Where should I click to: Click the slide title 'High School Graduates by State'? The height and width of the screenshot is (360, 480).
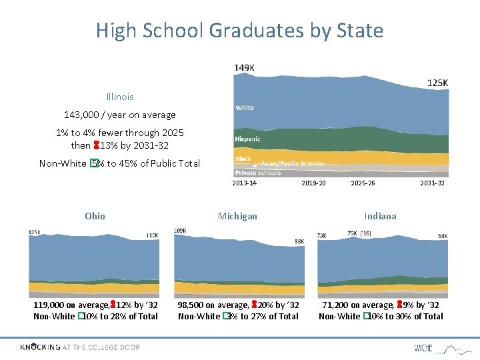[239, 31]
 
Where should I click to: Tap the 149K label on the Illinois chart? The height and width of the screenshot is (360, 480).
[244, 67]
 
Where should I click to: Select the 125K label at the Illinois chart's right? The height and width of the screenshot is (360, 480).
[437, 83]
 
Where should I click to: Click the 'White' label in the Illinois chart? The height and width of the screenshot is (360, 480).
[245, 107]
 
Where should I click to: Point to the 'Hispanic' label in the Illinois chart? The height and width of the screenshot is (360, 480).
[248, 139]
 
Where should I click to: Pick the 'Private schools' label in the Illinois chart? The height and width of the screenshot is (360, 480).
[258, 173]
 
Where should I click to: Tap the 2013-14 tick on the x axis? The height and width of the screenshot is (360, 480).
[245, 183]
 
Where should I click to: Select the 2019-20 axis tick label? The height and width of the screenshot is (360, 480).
[313, 183]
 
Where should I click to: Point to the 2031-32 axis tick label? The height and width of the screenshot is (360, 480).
[433, 183]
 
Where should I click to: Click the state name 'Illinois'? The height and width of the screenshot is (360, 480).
[120, 97]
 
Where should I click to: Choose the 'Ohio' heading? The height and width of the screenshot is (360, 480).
[95, 216]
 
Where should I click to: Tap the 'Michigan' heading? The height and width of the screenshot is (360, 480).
[237, 216]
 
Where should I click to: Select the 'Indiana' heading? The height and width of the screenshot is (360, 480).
[380, 216]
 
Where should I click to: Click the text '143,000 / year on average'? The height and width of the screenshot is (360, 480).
[120, 115]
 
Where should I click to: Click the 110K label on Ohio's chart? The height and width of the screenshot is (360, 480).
[153, 235]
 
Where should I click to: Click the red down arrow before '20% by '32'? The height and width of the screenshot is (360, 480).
[253, 305]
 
